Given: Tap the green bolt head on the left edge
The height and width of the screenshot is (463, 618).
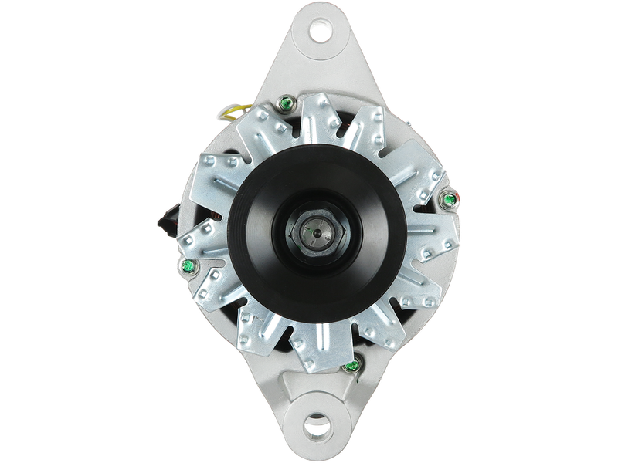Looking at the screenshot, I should coord(185,266).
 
